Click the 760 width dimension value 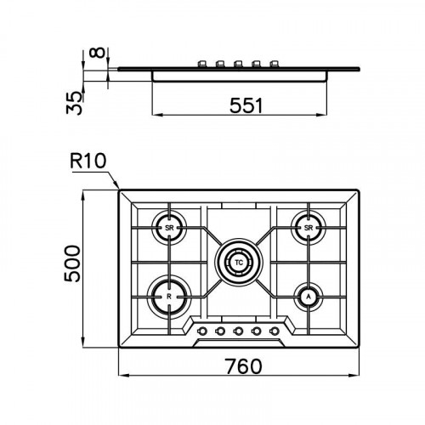244,366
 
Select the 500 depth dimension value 72,263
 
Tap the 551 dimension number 246,105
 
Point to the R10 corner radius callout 88,161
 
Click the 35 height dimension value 74,103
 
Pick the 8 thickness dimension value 98,53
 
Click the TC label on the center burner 239,263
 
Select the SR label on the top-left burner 169,228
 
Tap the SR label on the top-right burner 309,228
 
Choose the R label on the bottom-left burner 169,297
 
